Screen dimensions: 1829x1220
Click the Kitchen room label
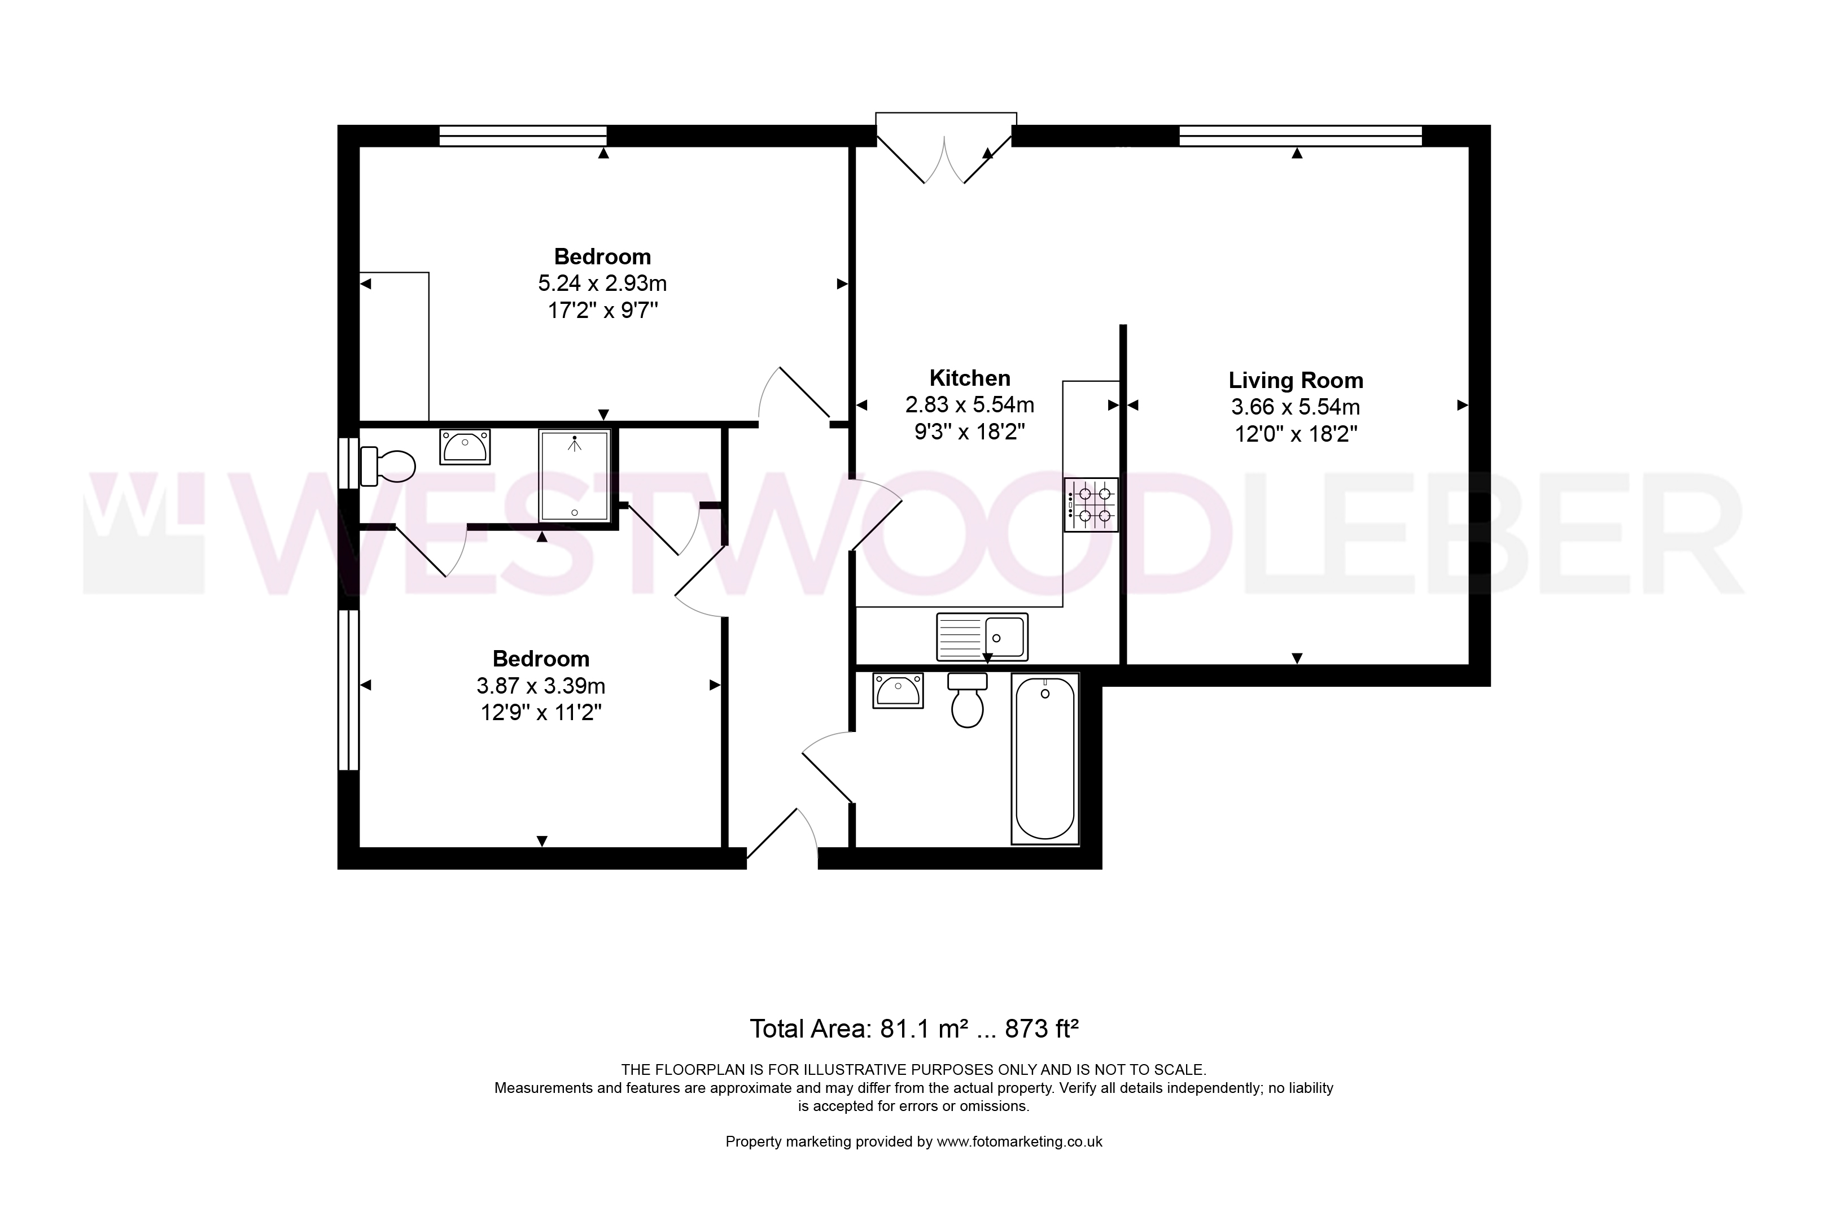point(970,378)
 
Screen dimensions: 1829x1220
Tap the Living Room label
point(1296,381)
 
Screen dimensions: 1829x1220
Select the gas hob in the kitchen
point(1091,504)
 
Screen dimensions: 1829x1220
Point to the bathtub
point(1045,758)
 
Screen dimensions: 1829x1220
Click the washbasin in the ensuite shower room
point(465,447)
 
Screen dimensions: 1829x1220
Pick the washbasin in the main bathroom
point(898,690)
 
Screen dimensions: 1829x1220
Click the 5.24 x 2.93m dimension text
point(603,283)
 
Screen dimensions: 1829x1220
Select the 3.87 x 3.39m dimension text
point(541,686)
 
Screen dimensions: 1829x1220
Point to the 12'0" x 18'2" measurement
point(1296,433)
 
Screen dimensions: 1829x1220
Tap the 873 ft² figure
point(1042,1029)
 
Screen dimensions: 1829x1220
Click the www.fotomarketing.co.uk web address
point(1019,1141)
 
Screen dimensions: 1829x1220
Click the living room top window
point(1300,136)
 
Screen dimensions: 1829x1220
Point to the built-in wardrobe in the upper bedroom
point(394,346)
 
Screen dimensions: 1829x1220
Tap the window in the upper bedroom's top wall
point(523,136)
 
